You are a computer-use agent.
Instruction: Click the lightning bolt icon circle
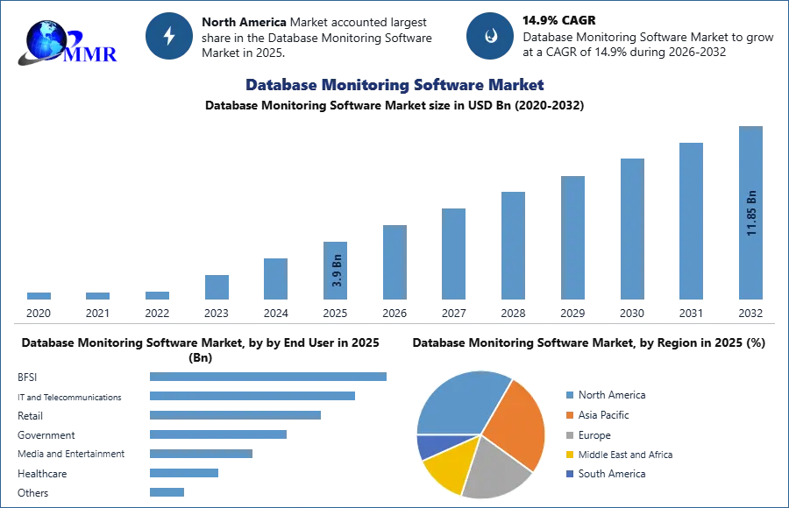pos(169,36)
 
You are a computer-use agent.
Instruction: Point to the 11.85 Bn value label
pos(751,213)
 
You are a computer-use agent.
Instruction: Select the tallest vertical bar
pos(750,175)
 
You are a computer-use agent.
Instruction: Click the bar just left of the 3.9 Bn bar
pos(274,278)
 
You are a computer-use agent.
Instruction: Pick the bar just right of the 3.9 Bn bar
pos(393,263)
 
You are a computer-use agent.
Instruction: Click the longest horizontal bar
pos(269,377)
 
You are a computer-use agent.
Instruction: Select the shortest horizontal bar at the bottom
pos(167,492)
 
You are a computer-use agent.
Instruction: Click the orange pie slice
pos(517,425)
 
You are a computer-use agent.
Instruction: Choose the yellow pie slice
pos(445,471)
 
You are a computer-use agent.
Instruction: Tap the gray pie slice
pos(495,469)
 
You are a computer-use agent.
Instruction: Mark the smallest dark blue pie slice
pos(430,446)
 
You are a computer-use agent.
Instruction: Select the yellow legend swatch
pos(569,455)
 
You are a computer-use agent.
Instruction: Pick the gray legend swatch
pos(569,434)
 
